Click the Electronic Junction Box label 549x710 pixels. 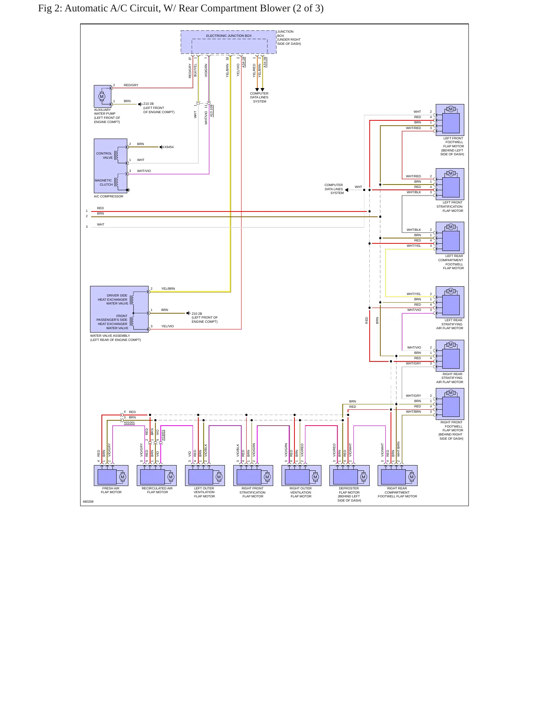[x=229, y=36]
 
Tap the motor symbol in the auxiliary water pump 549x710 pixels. [x=102, y=96]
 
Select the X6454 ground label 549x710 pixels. [x=169, y=147]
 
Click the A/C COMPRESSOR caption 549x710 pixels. [x=109, y=196]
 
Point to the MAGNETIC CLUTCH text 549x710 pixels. [x=104, y=183]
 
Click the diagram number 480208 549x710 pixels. [x=88, y=502]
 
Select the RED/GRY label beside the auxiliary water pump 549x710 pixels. [x=131, y=85]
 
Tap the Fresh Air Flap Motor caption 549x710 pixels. [x=111, y=490]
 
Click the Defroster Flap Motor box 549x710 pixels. [x=350, y=475]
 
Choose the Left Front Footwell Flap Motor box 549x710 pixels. [x=450, y=120]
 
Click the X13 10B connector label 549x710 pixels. [x=212, y=110]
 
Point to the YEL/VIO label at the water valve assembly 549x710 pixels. [x=168, y=326]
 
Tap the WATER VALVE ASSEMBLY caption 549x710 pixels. [x=115, y=338]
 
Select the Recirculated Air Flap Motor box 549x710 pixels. [x=157, y=475]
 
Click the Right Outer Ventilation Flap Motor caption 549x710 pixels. [x=301, y=492]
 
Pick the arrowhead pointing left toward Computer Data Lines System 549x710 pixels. [x=346, y=190]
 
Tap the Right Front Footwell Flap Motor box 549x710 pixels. [x=450, y=404]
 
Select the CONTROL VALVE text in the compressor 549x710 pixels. [x=104, y=156]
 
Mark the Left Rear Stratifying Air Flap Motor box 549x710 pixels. [x=450, y=302]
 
